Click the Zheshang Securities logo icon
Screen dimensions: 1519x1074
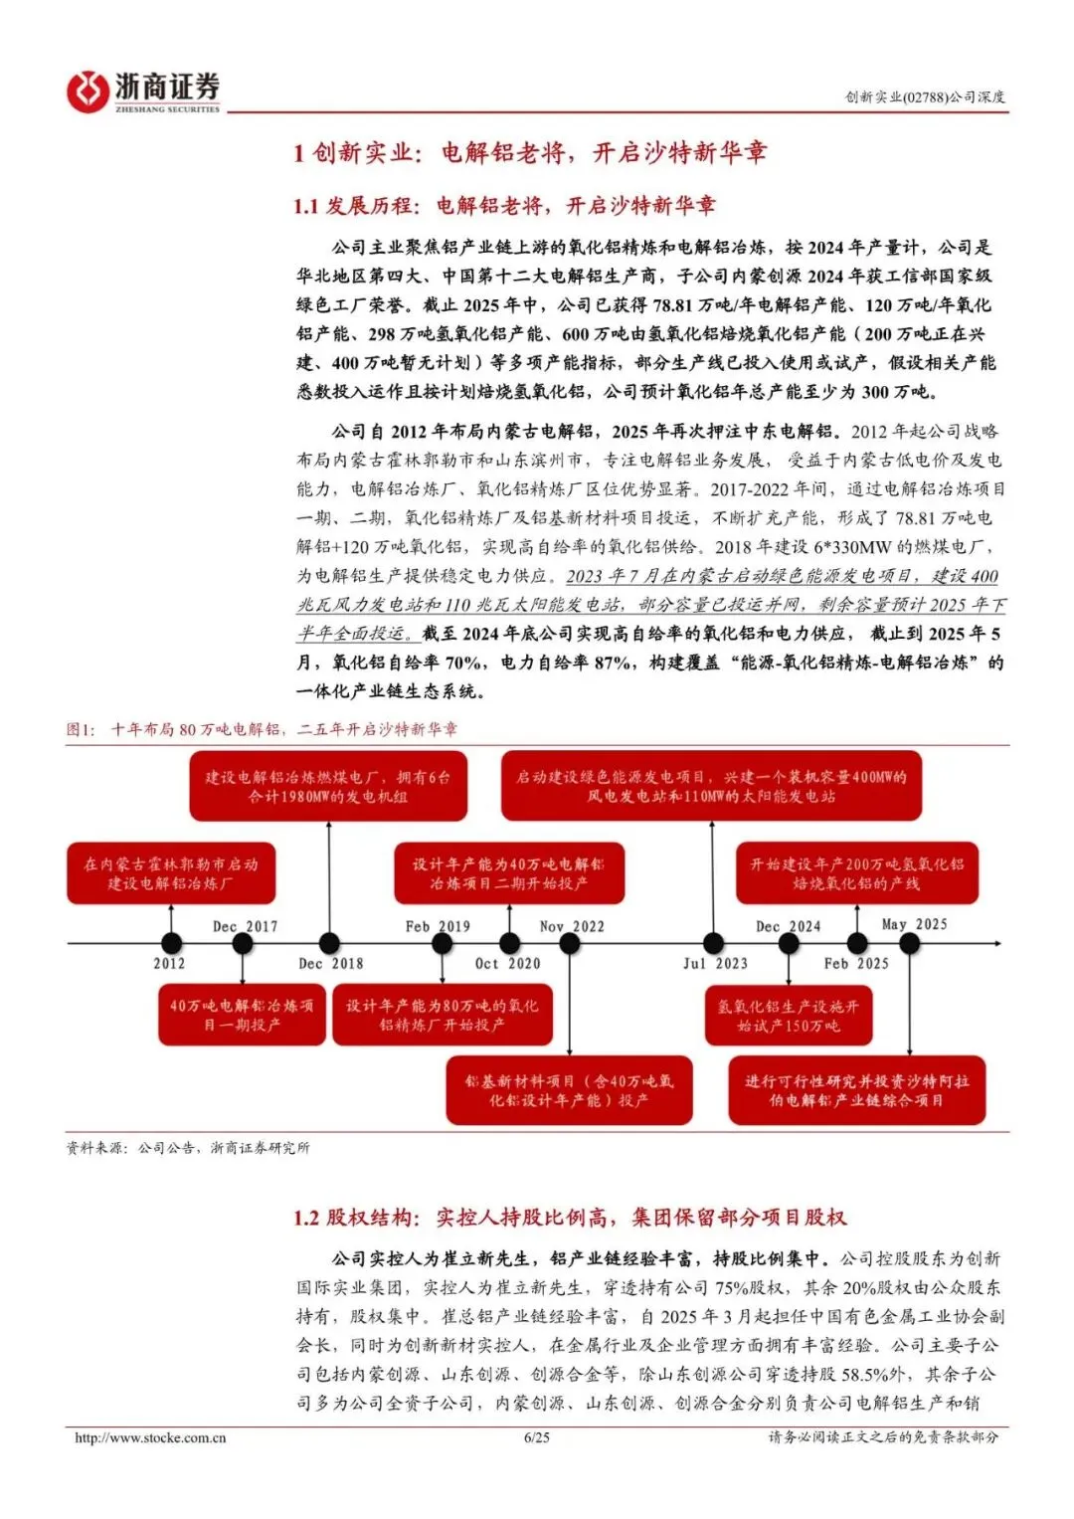click(x=88, y=92)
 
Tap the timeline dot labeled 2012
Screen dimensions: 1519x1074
click(x=171, y=943)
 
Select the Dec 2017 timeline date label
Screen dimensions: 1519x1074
click(x=245, y=926)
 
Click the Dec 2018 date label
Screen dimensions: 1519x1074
click(x=330, y=963)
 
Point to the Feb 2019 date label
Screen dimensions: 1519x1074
click(x=438, y=926)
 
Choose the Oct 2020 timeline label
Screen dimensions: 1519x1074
click(x=507, y=963)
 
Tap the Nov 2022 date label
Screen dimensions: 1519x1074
click(x=572, y=926)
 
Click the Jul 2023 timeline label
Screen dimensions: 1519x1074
click(x=715, y=963)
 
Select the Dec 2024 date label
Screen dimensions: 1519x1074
click(x=789, y=926)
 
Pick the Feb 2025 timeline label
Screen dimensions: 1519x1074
click(x=856, y=963)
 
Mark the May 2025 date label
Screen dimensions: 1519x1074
click(x=914, y=924)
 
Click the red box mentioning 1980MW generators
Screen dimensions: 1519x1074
click(x=328, y=787)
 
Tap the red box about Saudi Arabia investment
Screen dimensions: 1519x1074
click(x=856, y=1090)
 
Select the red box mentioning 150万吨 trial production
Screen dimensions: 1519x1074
click(x=788, y=1016)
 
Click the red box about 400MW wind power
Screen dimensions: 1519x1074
click(x=711, y=787)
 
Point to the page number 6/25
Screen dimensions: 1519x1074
click(x=536, y=1437)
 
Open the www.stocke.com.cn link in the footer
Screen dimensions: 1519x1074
click(x=150, y=1437)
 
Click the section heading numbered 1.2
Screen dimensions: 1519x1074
click(x=569, y=1217)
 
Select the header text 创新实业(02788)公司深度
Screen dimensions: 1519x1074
click(x=925, y=96)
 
